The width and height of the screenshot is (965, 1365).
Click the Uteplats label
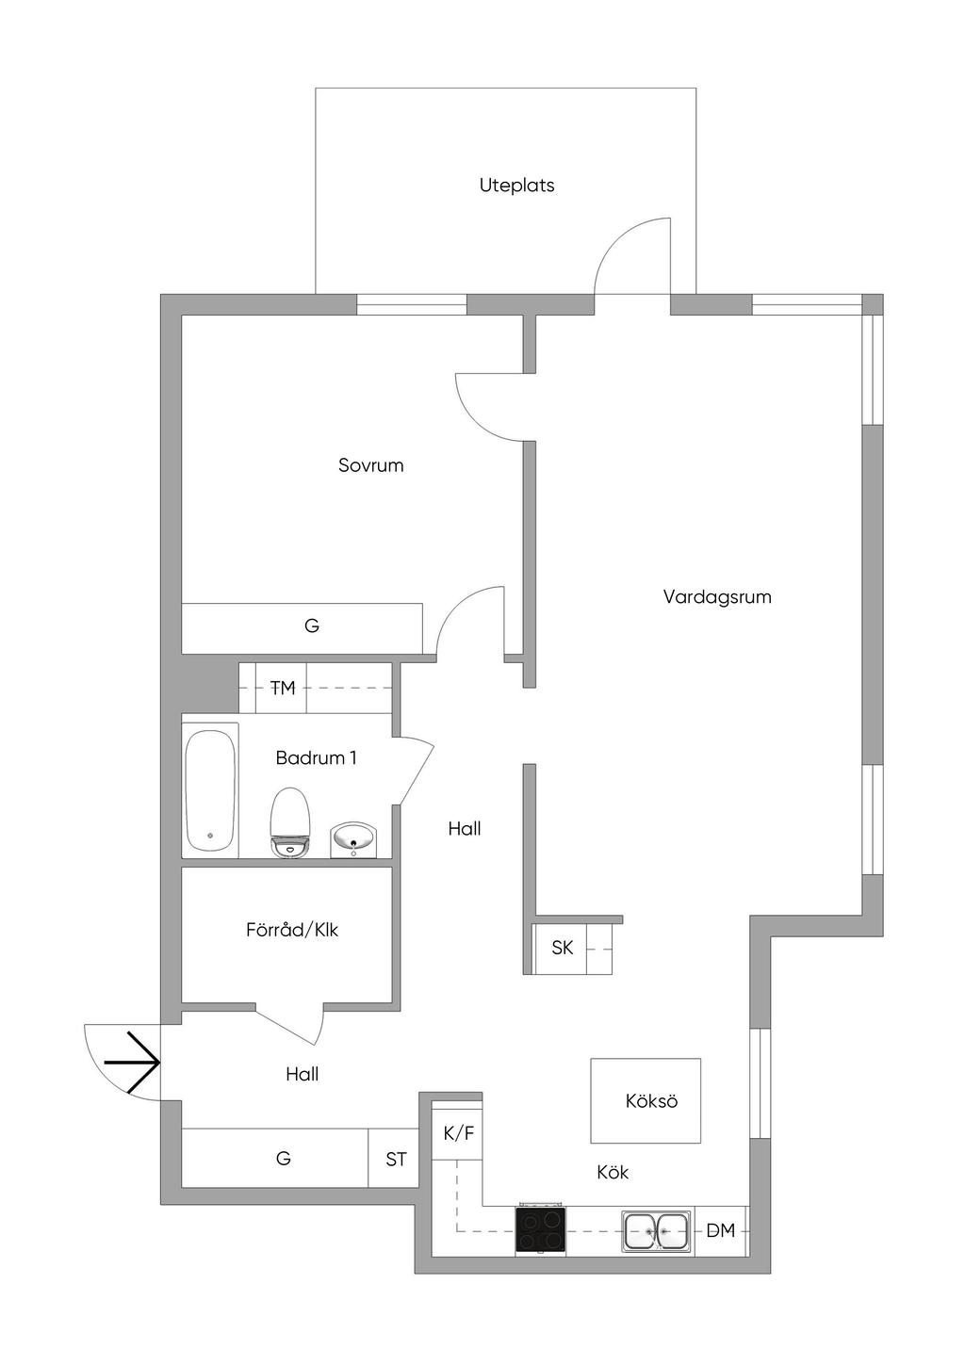coord(517,186)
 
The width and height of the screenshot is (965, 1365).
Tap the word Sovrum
coord(370,465)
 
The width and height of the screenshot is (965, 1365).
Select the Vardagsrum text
coord(717,596)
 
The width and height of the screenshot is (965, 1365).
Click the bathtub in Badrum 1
coord(210,790)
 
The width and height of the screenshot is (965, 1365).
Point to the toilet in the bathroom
coord(291,822)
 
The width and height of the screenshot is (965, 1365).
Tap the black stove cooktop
coord(541,1230)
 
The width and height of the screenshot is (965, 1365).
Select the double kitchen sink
coord(657,1231)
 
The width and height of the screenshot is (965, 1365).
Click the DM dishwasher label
coord(721,1231)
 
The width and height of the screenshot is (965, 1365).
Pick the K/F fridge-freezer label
coord(458,1133)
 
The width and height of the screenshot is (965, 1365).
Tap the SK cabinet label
coord(562,948)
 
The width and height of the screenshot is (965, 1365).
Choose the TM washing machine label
coord(283,688)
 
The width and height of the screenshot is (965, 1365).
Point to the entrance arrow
coord(132,1063)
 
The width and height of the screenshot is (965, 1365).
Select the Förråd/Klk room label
coord(292,930)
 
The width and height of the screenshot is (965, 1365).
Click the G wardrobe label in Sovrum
coord(312,626)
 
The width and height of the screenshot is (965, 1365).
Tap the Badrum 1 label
coord(316,758)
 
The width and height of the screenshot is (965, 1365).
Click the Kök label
coord(613,1172)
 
